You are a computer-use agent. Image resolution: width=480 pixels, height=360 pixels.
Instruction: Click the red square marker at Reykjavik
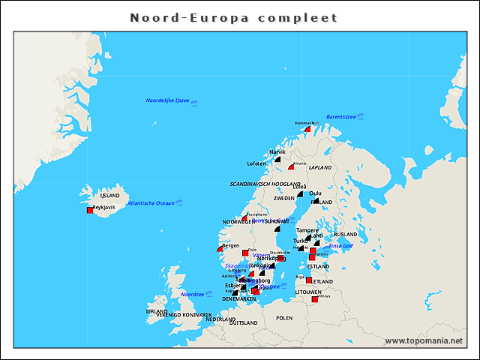(x=90, y=211)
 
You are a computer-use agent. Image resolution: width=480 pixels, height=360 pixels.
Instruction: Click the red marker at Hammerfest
(x=307, y=129)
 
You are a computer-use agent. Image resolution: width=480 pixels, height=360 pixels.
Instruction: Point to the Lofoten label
(x=256, y=163)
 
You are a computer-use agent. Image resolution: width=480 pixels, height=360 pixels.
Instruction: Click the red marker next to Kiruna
(x=291, y=166)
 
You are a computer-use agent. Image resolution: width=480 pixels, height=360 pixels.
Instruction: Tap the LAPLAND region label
(x=319, y=167)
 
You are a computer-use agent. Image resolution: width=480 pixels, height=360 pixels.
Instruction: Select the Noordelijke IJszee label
(x=167, y=100)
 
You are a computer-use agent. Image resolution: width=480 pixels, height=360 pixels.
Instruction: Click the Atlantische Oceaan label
(x=151, y=203)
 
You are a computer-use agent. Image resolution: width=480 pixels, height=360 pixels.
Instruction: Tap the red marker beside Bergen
(x=220, y=248)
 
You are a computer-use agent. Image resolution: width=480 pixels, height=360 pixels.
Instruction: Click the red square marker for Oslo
(x=245, y=253)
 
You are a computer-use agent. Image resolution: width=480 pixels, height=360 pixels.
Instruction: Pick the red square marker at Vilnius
(x=314, y=300)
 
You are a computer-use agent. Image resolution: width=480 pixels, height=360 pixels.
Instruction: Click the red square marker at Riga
(x=308, y=280)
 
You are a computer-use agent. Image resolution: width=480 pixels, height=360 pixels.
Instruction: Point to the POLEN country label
(x=284, y=318)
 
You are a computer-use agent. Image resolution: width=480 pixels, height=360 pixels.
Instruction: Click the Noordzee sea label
(x=193, y=295)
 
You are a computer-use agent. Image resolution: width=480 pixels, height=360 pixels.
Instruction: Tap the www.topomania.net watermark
(x=424, y=340)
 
